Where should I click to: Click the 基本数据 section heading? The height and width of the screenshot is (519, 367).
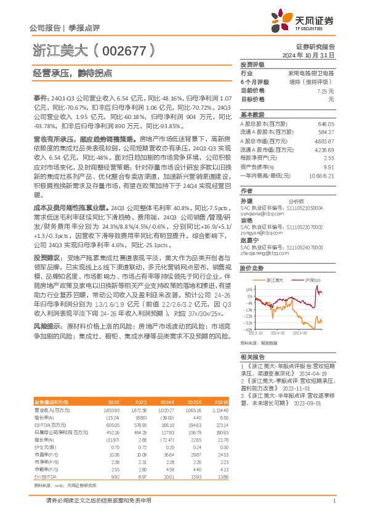click(x=252, y=115)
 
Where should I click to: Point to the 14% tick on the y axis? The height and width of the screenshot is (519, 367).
click(x=248, y=288)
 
